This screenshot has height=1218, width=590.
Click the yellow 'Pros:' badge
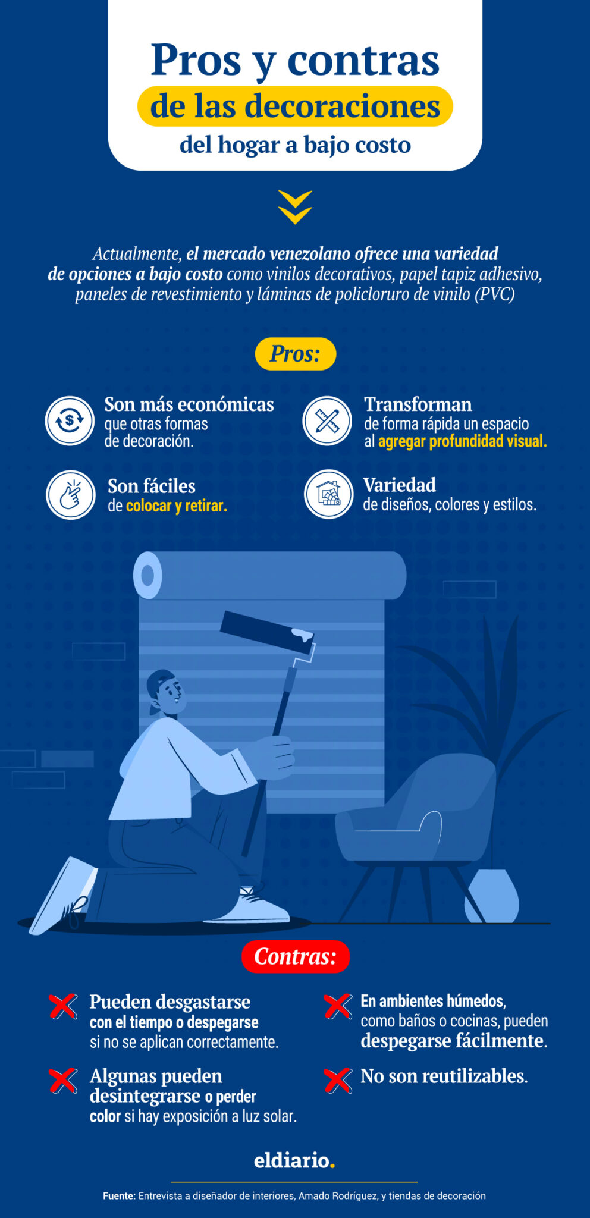295,354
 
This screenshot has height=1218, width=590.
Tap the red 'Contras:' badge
295,956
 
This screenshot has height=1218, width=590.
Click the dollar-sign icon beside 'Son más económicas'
70,421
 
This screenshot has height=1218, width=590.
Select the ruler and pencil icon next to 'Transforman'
327,421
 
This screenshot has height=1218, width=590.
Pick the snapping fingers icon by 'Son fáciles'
71,495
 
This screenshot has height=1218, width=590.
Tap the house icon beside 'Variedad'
328,494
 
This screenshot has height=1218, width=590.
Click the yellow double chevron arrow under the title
295,207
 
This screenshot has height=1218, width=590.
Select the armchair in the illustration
416,815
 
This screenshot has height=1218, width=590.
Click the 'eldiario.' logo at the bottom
294,1160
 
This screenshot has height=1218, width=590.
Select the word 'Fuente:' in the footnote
119,1195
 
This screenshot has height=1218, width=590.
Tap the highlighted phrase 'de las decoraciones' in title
295,106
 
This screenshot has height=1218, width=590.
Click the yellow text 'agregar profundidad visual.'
462,441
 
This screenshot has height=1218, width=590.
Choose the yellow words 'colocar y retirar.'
176,506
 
